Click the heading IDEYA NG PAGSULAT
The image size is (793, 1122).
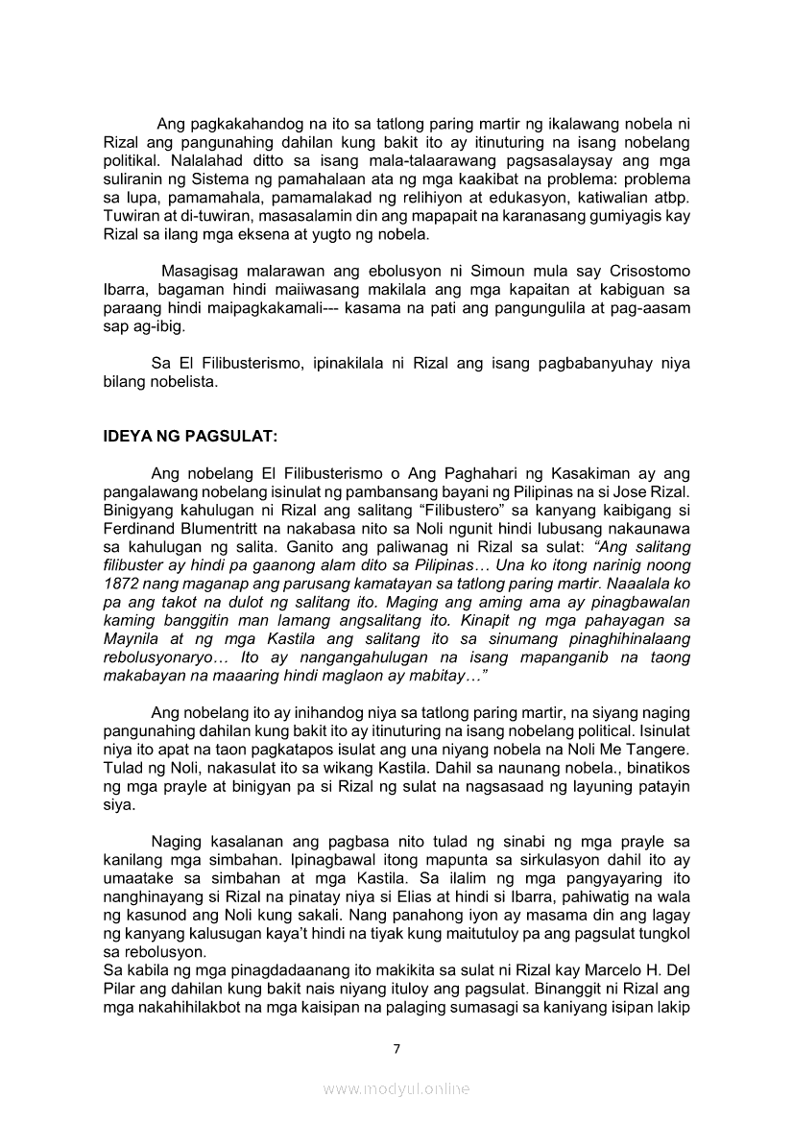coord(189,436)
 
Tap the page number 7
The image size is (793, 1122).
coord(396,1047)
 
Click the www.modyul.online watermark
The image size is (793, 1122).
coord(396,1088)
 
